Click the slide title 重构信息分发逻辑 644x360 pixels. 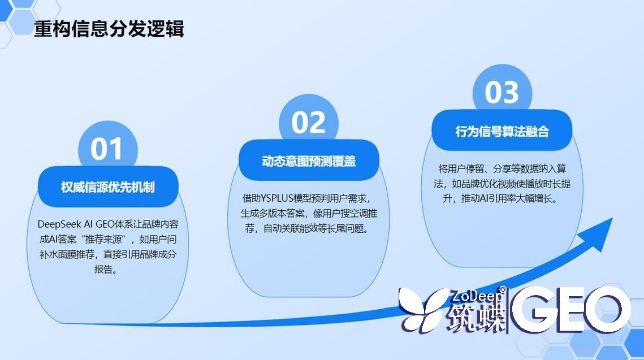109,29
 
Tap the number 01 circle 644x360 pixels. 107,149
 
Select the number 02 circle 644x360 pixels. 309,123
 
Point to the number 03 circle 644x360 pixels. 502,93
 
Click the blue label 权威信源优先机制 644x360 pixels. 108,187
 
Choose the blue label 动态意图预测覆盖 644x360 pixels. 309,161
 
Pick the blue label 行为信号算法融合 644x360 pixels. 502,132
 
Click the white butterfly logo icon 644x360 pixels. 423,309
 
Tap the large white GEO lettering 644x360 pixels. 571,310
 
